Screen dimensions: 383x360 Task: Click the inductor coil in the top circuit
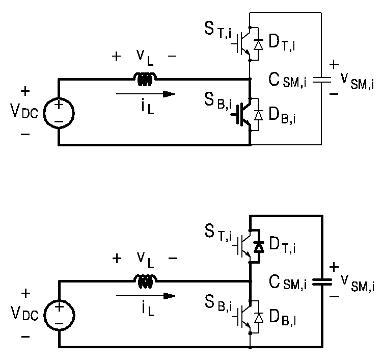145,79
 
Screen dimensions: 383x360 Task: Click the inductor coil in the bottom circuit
146,281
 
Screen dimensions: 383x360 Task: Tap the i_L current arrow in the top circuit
145,94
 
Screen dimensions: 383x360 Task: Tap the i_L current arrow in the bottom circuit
146,296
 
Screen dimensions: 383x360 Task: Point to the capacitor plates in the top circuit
322,80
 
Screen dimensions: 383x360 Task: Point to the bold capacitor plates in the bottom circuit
322,282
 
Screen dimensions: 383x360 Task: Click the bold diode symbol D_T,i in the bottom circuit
259,246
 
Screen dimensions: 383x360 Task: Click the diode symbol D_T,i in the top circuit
258,44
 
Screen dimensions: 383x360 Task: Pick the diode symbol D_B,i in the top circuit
258,115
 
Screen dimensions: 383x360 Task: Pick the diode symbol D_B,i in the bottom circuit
259,318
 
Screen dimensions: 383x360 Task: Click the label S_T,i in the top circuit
218,30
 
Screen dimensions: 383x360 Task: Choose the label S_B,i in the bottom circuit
218,304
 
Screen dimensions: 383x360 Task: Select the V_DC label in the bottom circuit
24,313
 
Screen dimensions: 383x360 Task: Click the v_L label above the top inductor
145,58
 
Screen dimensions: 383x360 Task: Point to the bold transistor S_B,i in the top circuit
242,114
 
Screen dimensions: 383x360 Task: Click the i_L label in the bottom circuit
148,308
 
